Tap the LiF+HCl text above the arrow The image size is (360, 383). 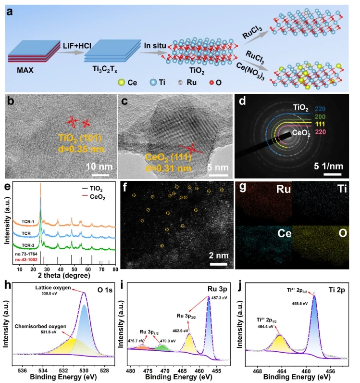tap(71, 45)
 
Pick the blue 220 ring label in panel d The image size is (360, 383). tap(322, 109)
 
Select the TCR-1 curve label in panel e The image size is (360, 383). tap(28, 222)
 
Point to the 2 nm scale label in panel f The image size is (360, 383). tap(218, 255)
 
